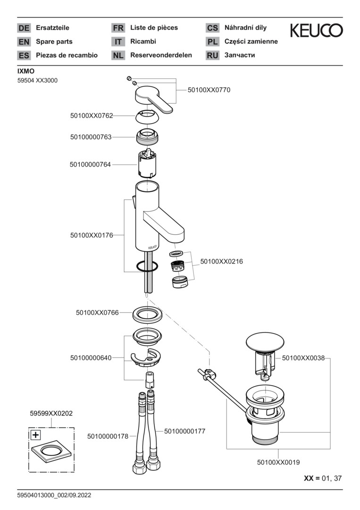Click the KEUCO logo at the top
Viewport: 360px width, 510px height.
click(316, 31)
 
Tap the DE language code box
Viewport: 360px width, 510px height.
click(24, 28)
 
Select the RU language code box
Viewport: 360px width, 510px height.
click(212, 55)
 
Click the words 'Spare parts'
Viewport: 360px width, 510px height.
click(54, 42)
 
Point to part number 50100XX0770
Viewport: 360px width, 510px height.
click(209, 90)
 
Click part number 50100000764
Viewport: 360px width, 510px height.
click(90, 164)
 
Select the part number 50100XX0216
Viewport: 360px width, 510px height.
click(222, 261)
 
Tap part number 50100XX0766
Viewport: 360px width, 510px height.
click(97, 313)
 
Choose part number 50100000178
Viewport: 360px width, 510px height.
click(108, 436)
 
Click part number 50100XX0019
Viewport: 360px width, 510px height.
click(278, 463)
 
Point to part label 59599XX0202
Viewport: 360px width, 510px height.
click(51, 413)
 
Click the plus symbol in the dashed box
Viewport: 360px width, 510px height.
click(35, 434)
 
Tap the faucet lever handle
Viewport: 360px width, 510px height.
click(153, 101)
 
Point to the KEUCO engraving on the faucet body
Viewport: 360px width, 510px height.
click(152, 246)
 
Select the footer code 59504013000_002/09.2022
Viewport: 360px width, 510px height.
click(54, 495)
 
